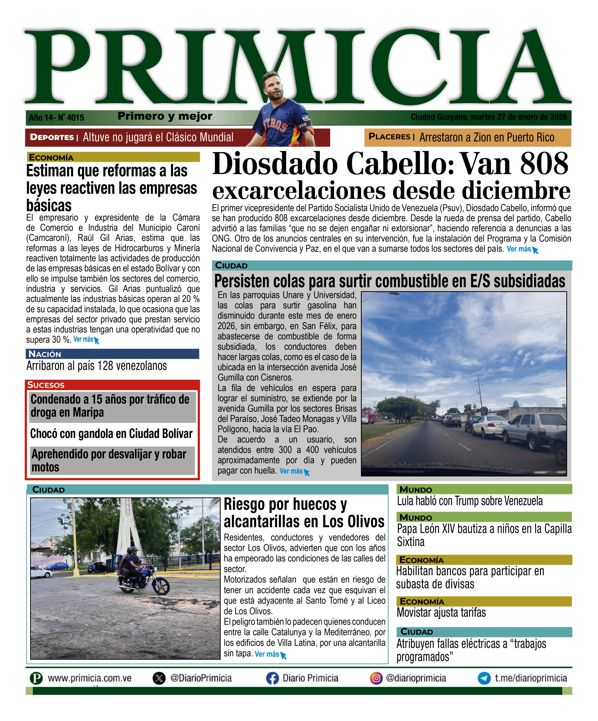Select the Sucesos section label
coord(46,385)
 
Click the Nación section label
coord(45,354)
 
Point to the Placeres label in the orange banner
coord(389,137)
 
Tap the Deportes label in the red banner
coord(52,137)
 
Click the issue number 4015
coord(75,118)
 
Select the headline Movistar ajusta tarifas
coord(441,613)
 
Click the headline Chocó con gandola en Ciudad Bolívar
coord(111,434)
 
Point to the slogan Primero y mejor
coord(165,116)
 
